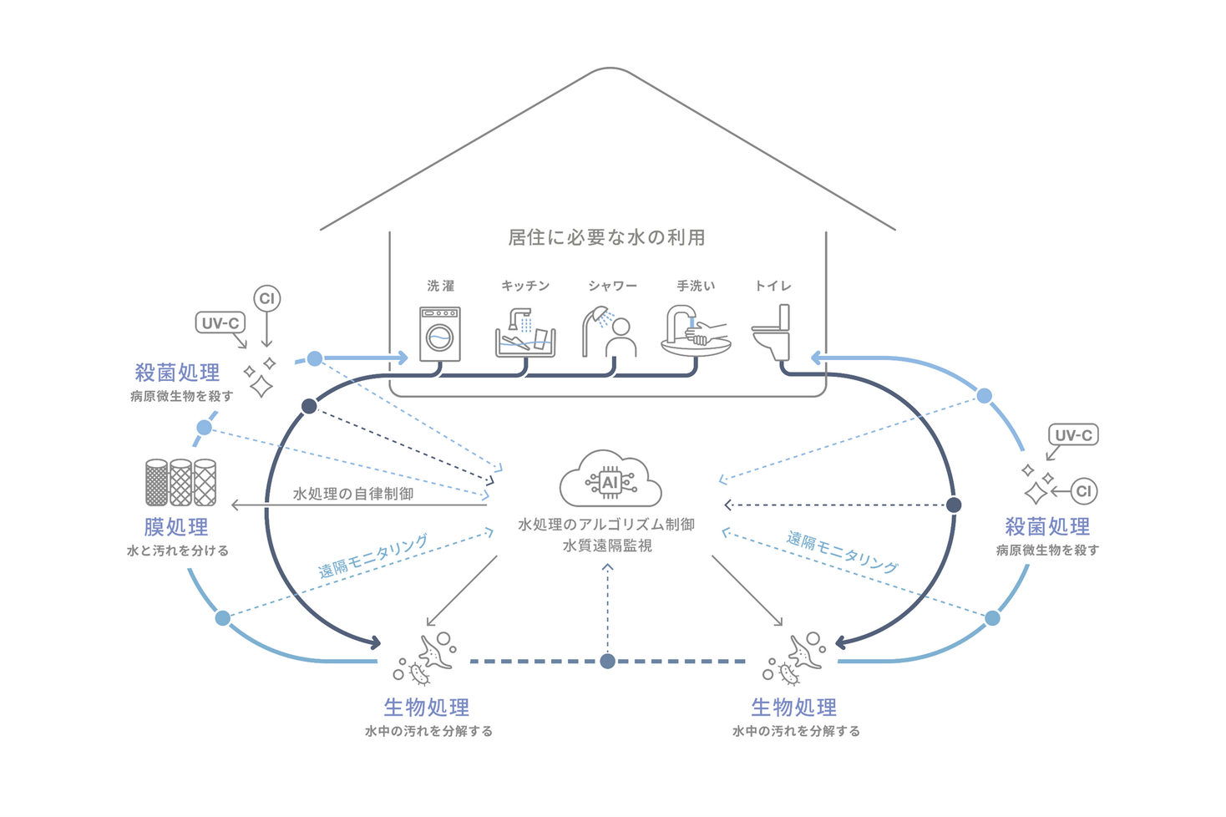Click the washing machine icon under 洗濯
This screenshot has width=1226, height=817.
440,334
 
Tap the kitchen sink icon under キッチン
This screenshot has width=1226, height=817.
525,333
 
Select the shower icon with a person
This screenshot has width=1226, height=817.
610,332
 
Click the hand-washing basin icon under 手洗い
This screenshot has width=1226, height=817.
696,332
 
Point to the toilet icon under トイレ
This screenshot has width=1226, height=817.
773,332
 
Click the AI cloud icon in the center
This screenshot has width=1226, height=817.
610,480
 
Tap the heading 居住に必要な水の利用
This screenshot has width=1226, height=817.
607,237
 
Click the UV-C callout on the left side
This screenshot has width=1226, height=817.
220,322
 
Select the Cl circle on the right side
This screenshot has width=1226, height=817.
1084,491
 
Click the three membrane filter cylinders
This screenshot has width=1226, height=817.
180,482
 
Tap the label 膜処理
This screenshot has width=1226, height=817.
176,527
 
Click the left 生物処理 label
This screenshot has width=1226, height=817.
427,708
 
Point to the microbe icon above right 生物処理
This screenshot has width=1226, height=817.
795,657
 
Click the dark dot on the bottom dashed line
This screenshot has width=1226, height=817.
608,661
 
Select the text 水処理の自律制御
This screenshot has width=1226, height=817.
353,494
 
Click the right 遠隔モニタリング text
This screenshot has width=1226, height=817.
843,552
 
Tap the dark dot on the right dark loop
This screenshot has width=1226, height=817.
954,505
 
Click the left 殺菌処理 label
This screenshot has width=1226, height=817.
177,373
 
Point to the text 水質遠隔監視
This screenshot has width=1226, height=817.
607,546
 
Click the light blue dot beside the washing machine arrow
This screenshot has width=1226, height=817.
315,358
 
